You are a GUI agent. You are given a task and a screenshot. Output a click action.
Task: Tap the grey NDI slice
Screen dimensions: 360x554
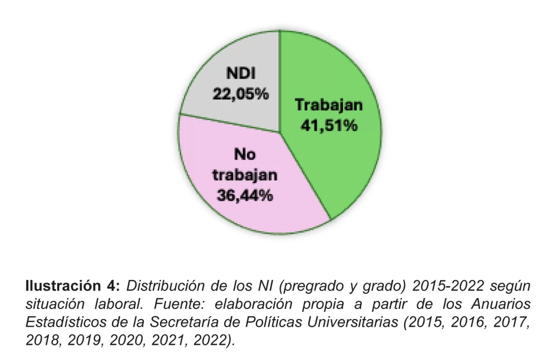tap(243, 58)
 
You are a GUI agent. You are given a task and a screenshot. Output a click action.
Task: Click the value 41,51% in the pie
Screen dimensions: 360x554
tap(329, 126)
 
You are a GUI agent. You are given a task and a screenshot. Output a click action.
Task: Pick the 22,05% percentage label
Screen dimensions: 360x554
tap(241, 94)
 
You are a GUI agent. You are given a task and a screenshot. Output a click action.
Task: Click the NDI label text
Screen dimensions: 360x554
tap(241, 74)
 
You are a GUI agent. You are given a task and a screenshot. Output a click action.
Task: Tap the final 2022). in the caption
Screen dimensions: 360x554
tap(214, 340)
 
